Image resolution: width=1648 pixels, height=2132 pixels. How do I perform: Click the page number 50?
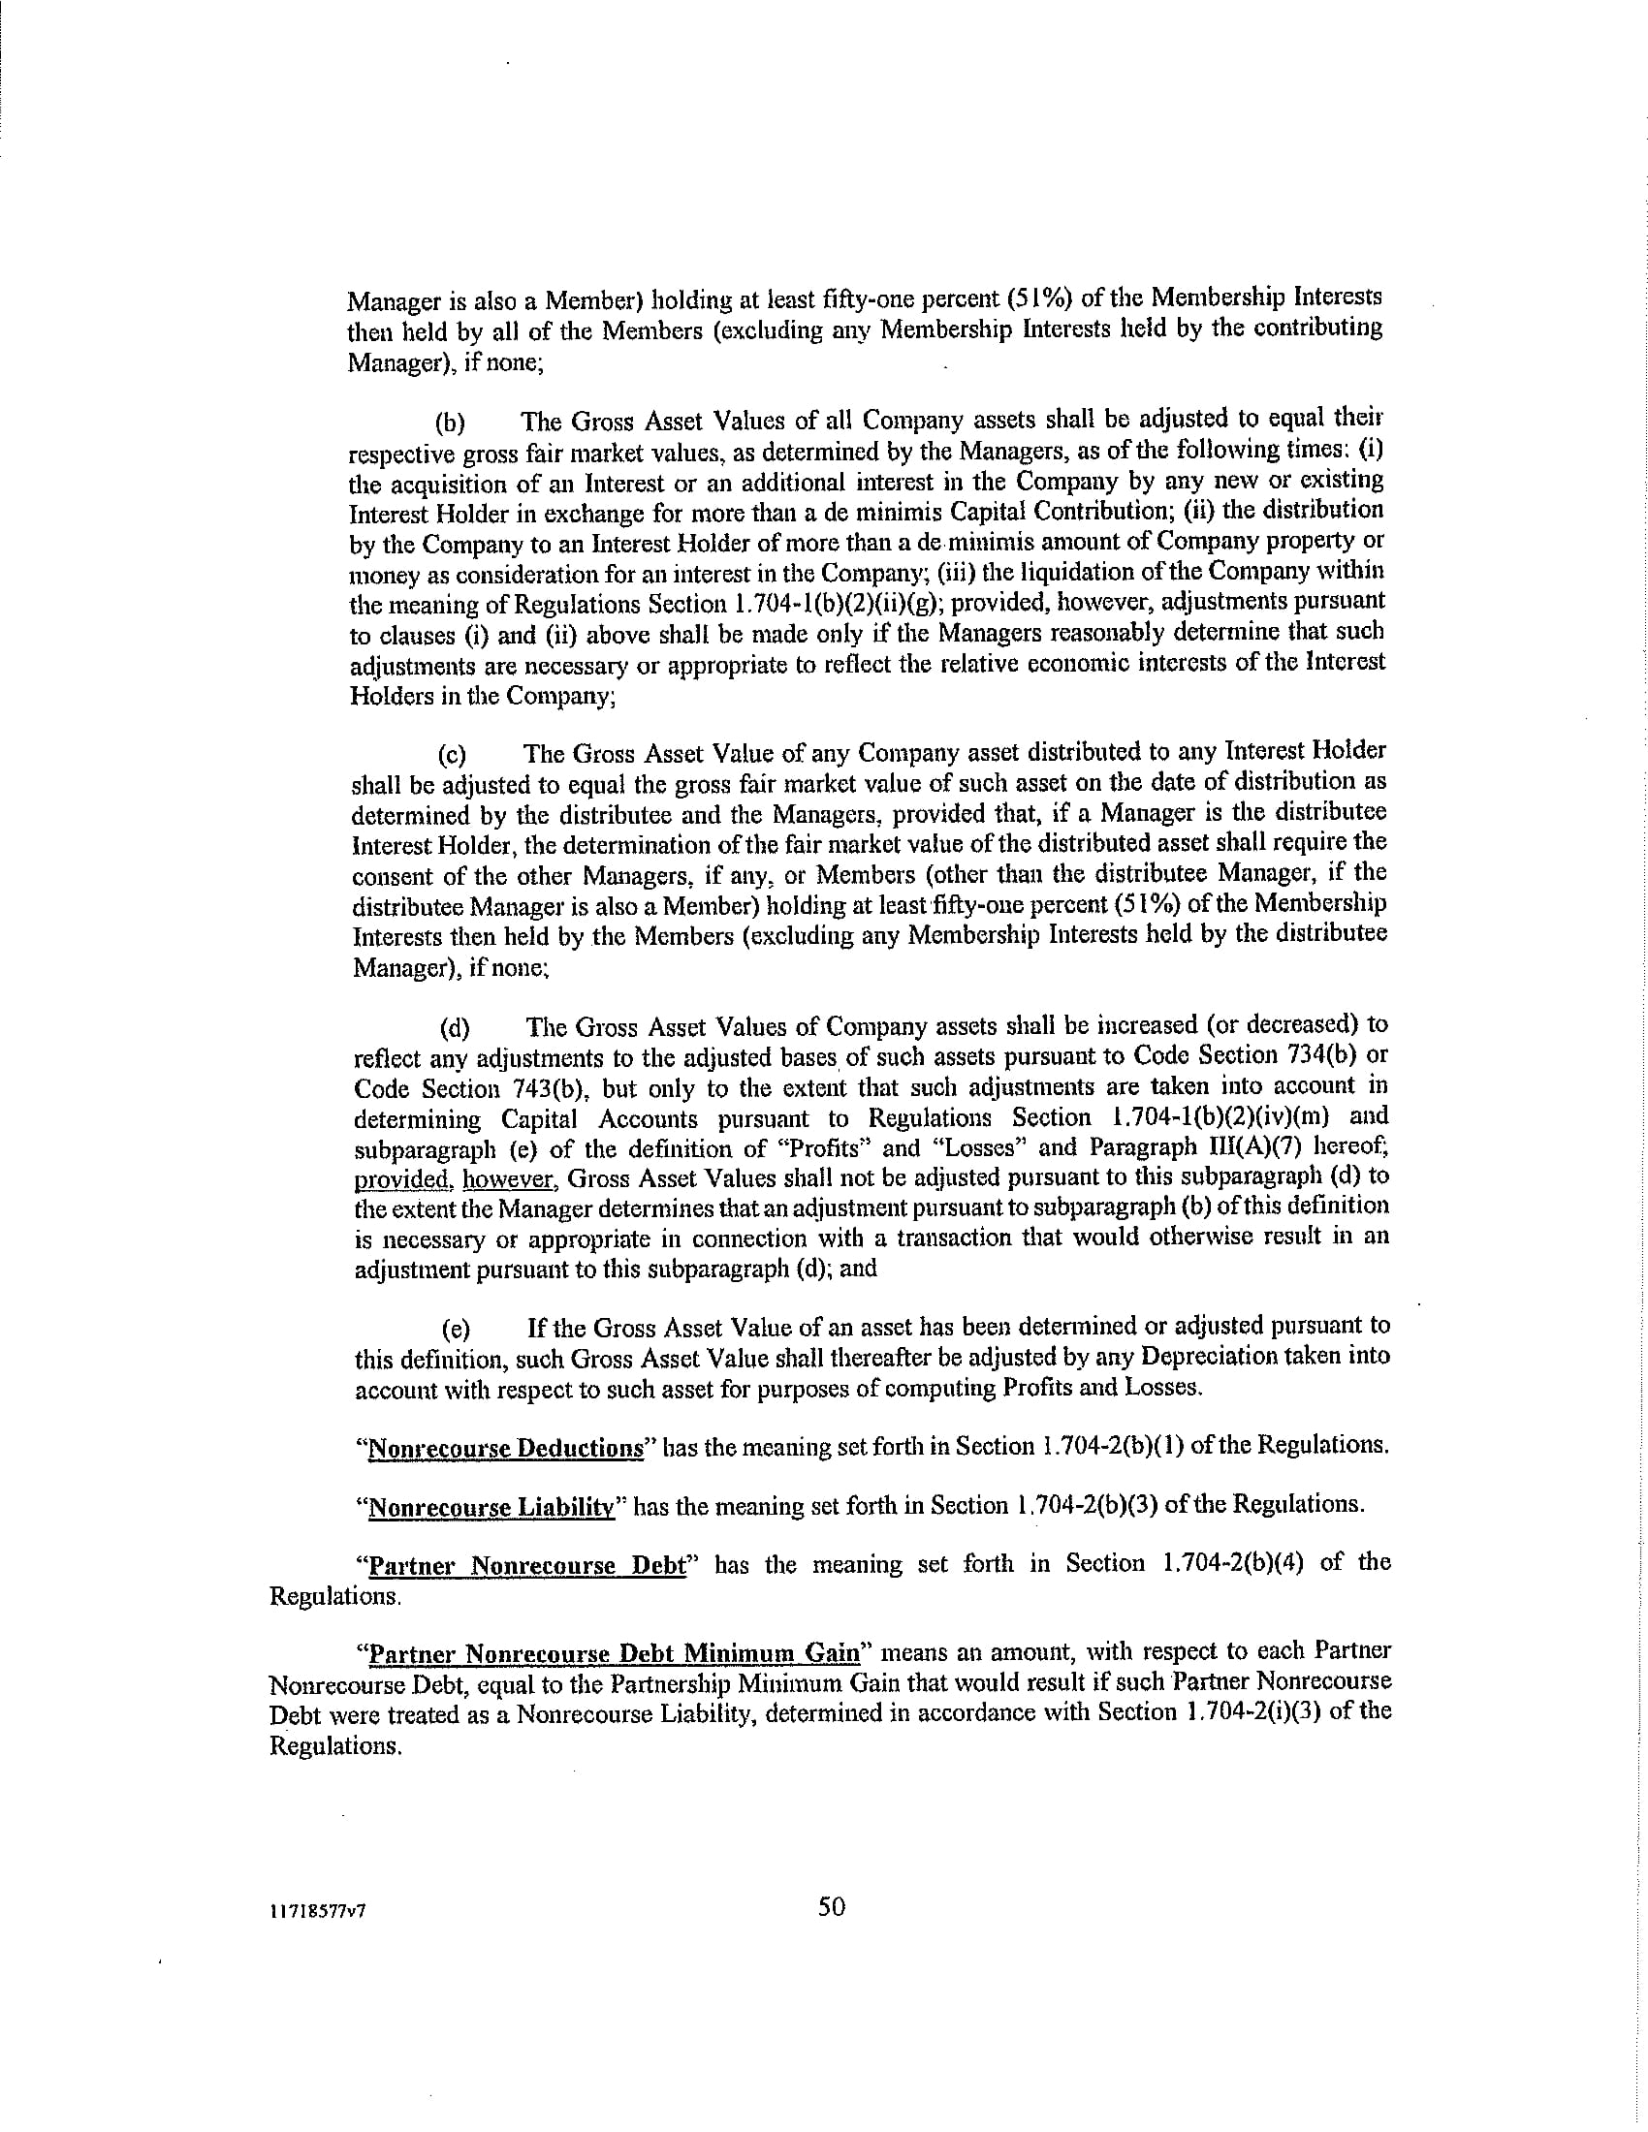[832, 1906]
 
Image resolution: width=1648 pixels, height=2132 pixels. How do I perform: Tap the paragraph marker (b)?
[450, 423]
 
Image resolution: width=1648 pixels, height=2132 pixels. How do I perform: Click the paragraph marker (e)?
[456, 1329]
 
